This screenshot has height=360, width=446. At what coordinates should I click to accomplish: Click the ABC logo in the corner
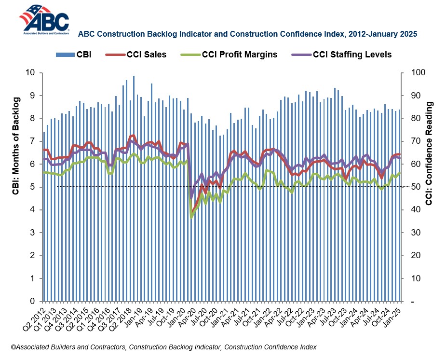pyautogui.click(x=44, y=19)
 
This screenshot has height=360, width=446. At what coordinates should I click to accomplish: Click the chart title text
pyautogui.click(x=247, y=34)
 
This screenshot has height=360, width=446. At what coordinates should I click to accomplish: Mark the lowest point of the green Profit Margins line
pyautogui.click(x=191, y=218)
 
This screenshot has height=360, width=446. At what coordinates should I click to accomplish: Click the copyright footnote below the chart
pyautogui.click(x=164, y=347)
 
